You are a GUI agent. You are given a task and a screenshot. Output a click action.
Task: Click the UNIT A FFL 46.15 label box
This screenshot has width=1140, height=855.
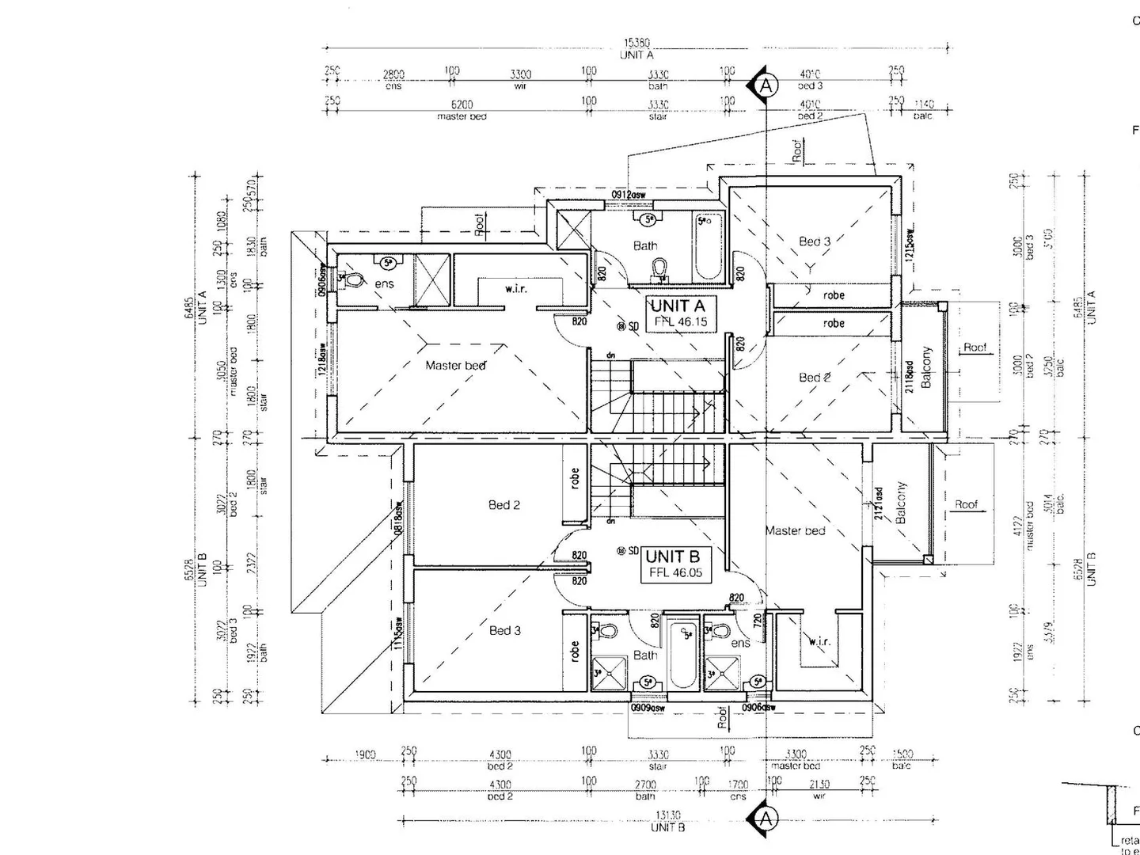point(682,313)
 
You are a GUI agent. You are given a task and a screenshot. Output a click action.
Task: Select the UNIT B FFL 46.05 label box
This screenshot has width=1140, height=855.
point(675,564)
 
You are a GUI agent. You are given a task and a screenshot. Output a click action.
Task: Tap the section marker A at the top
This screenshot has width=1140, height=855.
point(766,85)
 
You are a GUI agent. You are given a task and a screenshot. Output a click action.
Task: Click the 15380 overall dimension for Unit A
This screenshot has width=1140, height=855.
point(636,44)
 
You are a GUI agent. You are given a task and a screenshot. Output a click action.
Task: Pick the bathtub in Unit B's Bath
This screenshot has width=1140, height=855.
point(682,654)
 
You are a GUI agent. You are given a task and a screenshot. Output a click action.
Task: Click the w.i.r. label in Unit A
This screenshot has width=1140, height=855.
point(515,289)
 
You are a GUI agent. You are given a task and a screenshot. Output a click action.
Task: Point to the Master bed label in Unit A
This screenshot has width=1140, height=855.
point(455,365)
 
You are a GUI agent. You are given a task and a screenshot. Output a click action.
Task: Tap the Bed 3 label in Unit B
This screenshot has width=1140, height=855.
point(505,630)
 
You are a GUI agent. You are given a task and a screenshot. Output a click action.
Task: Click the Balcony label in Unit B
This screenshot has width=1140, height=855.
point(901,503)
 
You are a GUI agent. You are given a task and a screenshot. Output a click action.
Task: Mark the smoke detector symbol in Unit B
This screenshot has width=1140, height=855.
point(622,551)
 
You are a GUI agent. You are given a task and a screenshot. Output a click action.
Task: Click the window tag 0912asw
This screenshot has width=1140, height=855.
point(628,194)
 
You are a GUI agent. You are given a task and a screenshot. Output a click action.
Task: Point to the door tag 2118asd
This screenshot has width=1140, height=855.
point(910,376)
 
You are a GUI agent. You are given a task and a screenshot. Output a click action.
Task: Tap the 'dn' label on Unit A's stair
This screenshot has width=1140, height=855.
point(610,355)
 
